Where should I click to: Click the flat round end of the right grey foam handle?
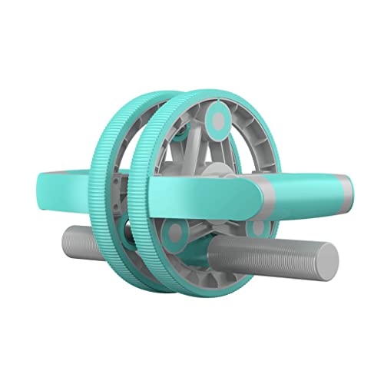point(328,262)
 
